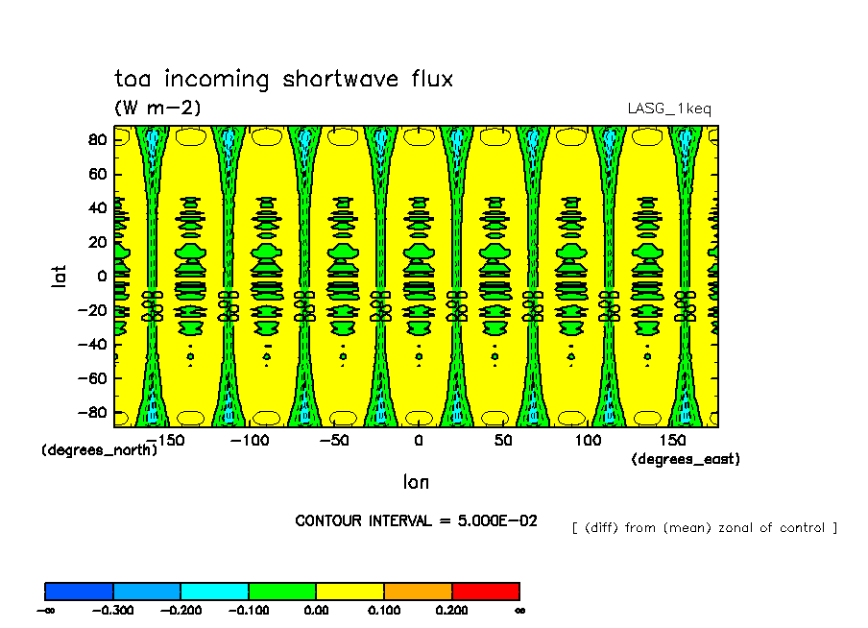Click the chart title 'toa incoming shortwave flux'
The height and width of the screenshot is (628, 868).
[283, 79]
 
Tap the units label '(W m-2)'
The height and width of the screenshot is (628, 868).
[157, 108]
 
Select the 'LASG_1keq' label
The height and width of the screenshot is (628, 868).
[669, 109]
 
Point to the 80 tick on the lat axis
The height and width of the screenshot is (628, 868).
[96, 139]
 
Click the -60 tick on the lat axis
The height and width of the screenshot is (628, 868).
[92, 379]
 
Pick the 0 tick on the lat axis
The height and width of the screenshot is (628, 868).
[102, 277]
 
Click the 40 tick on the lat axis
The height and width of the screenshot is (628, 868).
[96, 208]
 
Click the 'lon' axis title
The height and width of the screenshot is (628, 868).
[416, 481]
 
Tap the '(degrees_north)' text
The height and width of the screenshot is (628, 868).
[99, 449]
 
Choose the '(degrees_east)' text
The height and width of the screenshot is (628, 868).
[686, 459]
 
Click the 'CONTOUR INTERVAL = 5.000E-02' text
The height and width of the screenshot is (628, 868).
[416, 520]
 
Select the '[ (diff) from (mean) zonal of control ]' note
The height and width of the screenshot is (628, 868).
[705, 527]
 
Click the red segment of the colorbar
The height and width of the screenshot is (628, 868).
[485, 591]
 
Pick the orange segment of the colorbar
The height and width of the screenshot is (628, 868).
[418, 591]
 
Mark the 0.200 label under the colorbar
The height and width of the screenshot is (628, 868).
[451, 609]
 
